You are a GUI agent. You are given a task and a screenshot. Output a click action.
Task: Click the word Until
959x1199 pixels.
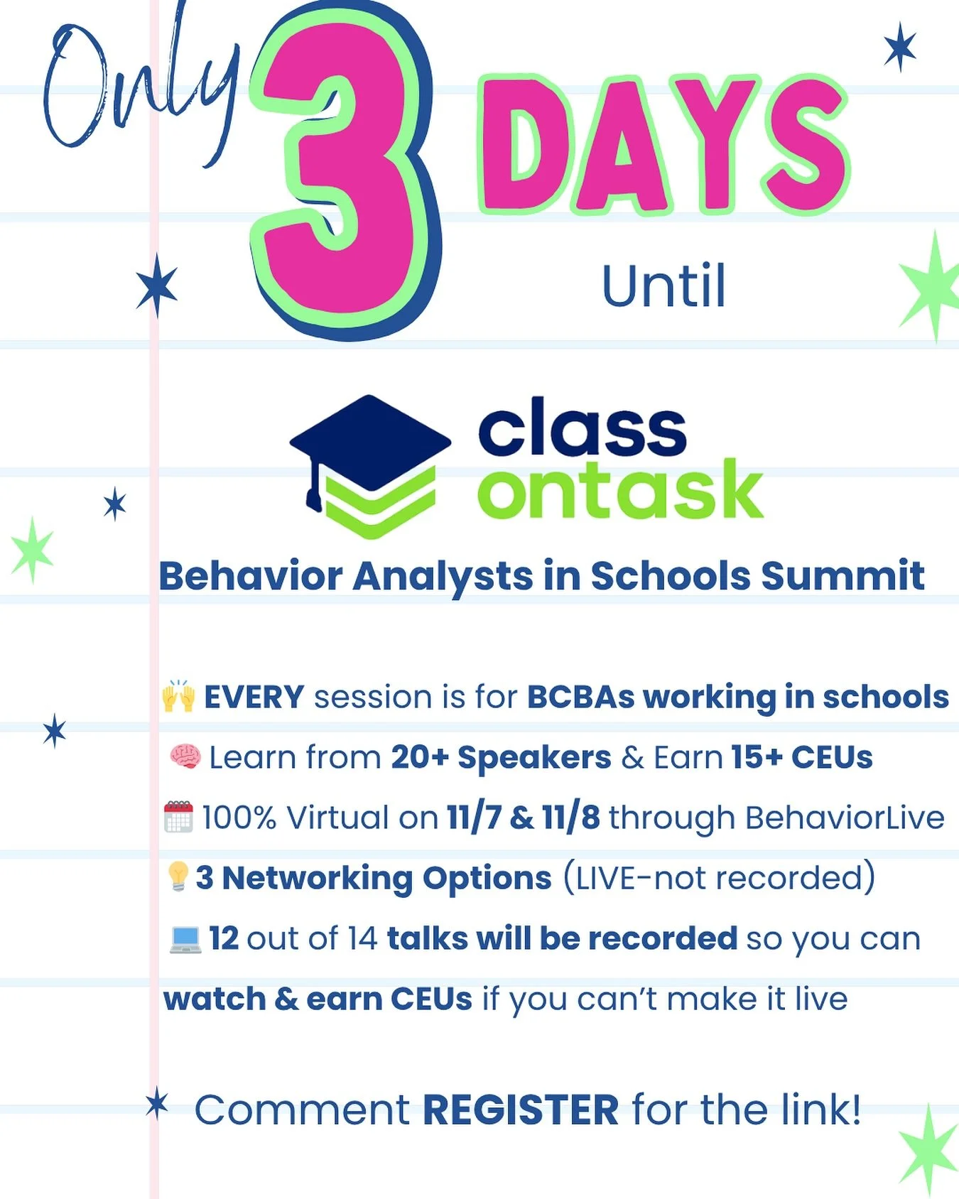tap(663, 286)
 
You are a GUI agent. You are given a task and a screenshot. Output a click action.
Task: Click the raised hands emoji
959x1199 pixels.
tap(178, 697)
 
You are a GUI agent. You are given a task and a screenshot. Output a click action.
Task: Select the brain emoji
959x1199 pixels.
tap(185, 756)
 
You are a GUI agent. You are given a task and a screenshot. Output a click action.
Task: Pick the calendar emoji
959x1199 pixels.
tap(178, 817)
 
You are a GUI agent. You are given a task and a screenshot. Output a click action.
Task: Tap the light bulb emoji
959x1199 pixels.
tap(178, 877)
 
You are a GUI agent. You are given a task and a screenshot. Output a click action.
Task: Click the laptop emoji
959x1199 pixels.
tap(186, 938)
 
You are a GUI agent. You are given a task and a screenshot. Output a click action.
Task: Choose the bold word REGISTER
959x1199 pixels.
tap(521, 1110)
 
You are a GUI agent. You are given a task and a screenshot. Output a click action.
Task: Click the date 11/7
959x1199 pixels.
tap(475, 818)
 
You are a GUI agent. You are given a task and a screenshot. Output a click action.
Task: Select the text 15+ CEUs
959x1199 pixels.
tap(801, 757)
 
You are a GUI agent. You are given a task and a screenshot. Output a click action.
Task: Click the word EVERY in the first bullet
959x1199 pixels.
tap(254, 697)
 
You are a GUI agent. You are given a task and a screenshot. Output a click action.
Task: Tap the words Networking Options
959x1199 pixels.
tap(386, 878)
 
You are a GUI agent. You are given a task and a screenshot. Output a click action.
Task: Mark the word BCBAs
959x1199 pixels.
tap(580, 697)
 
